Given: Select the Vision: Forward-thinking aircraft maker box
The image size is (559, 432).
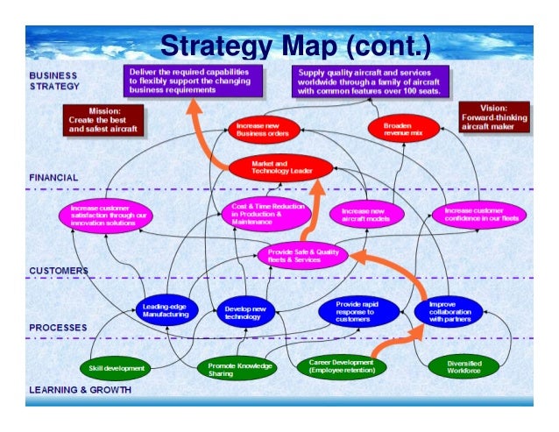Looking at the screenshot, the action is tap(494, 117).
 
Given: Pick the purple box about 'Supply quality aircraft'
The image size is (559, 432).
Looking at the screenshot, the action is tap(371, 80).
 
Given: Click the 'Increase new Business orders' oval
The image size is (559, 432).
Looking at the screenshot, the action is tap(265, 131).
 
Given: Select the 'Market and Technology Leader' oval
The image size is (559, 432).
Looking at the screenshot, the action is tap(280, 167).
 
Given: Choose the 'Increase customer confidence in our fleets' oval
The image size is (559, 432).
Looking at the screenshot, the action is tap(479, 214).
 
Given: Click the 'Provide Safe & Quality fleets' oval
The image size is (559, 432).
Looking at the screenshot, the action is tap(302, 254).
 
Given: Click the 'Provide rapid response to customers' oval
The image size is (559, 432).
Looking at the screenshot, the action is tap(355, 311).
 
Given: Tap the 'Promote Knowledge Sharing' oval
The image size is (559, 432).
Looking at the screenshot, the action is tap(232, 369).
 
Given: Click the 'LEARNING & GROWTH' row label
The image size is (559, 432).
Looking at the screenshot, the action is tap(80, 389).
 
